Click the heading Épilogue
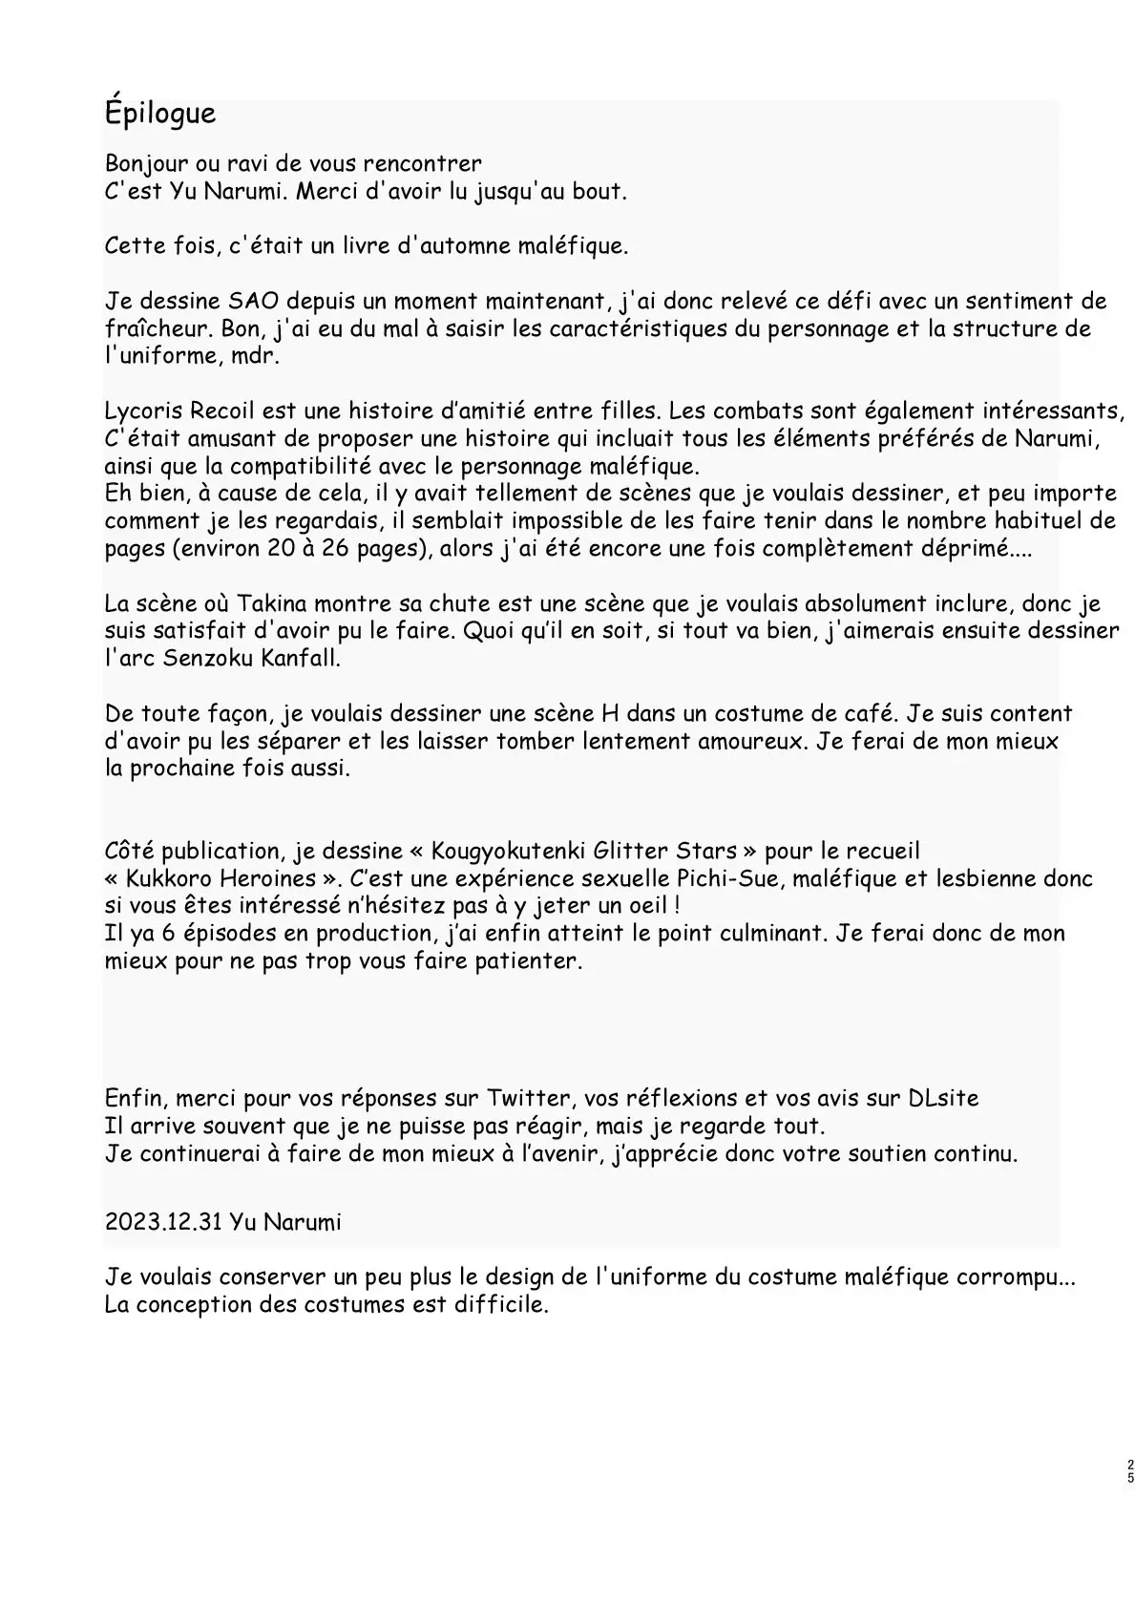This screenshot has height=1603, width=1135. (160, 114)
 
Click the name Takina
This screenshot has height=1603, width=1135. (278, 603)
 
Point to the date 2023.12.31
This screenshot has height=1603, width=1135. (162, 1222)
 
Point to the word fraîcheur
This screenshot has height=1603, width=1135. (151, 328)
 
